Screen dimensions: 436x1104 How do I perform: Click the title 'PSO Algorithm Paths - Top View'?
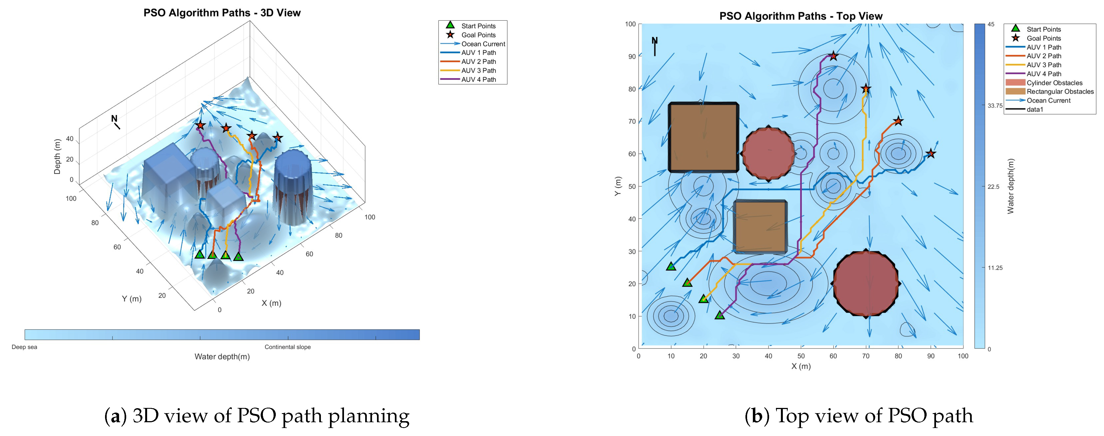[800, 16]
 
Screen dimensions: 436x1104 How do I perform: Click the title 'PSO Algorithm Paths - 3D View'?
[222, 13]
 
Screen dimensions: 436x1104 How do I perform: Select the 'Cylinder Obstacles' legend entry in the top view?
[1054, 83]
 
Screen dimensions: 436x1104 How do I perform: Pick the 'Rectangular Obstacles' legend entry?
[1060, 91]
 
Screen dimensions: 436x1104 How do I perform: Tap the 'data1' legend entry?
[1035, 110]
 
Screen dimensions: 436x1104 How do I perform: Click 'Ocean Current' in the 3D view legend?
[483, 44]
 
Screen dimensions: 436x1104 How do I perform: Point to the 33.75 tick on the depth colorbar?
[995, 106]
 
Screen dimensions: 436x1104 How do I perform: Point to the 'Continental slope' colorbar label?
[288, 347]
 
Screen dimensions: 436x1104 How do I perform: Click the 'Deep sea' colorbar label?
[24, 347]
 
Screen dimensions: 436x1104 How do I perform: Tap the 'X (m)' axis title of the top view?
[800, 366]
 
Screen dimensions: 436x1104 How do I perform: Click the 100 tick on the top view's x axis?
[963, 356]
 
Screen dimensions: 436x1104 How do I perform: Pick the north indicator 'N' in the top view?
[654, 41]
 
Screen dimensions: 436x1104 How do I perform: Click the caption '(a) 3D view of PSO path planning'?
[257, 415]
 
